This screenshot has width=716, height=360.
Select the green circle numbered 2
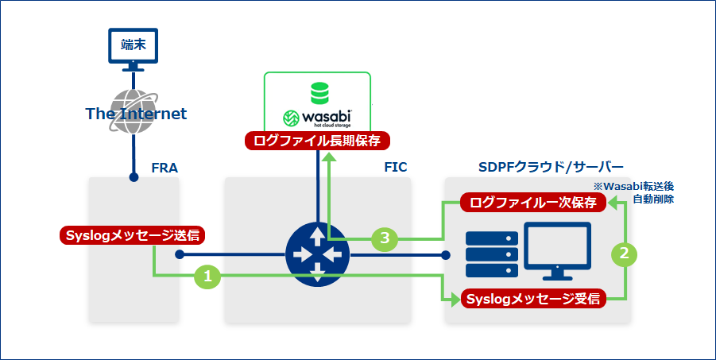625,254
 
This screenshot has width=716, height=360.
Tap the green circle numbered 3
384,238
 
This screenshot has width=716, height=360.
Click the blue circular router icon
317,254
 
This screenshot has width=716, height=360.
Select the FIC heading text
394,168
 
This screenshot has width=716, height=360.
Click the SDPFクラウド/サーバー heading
552,168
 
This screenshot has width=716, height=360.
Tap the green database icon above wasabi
319,93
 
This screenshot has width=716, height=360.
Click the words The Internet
136,114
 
